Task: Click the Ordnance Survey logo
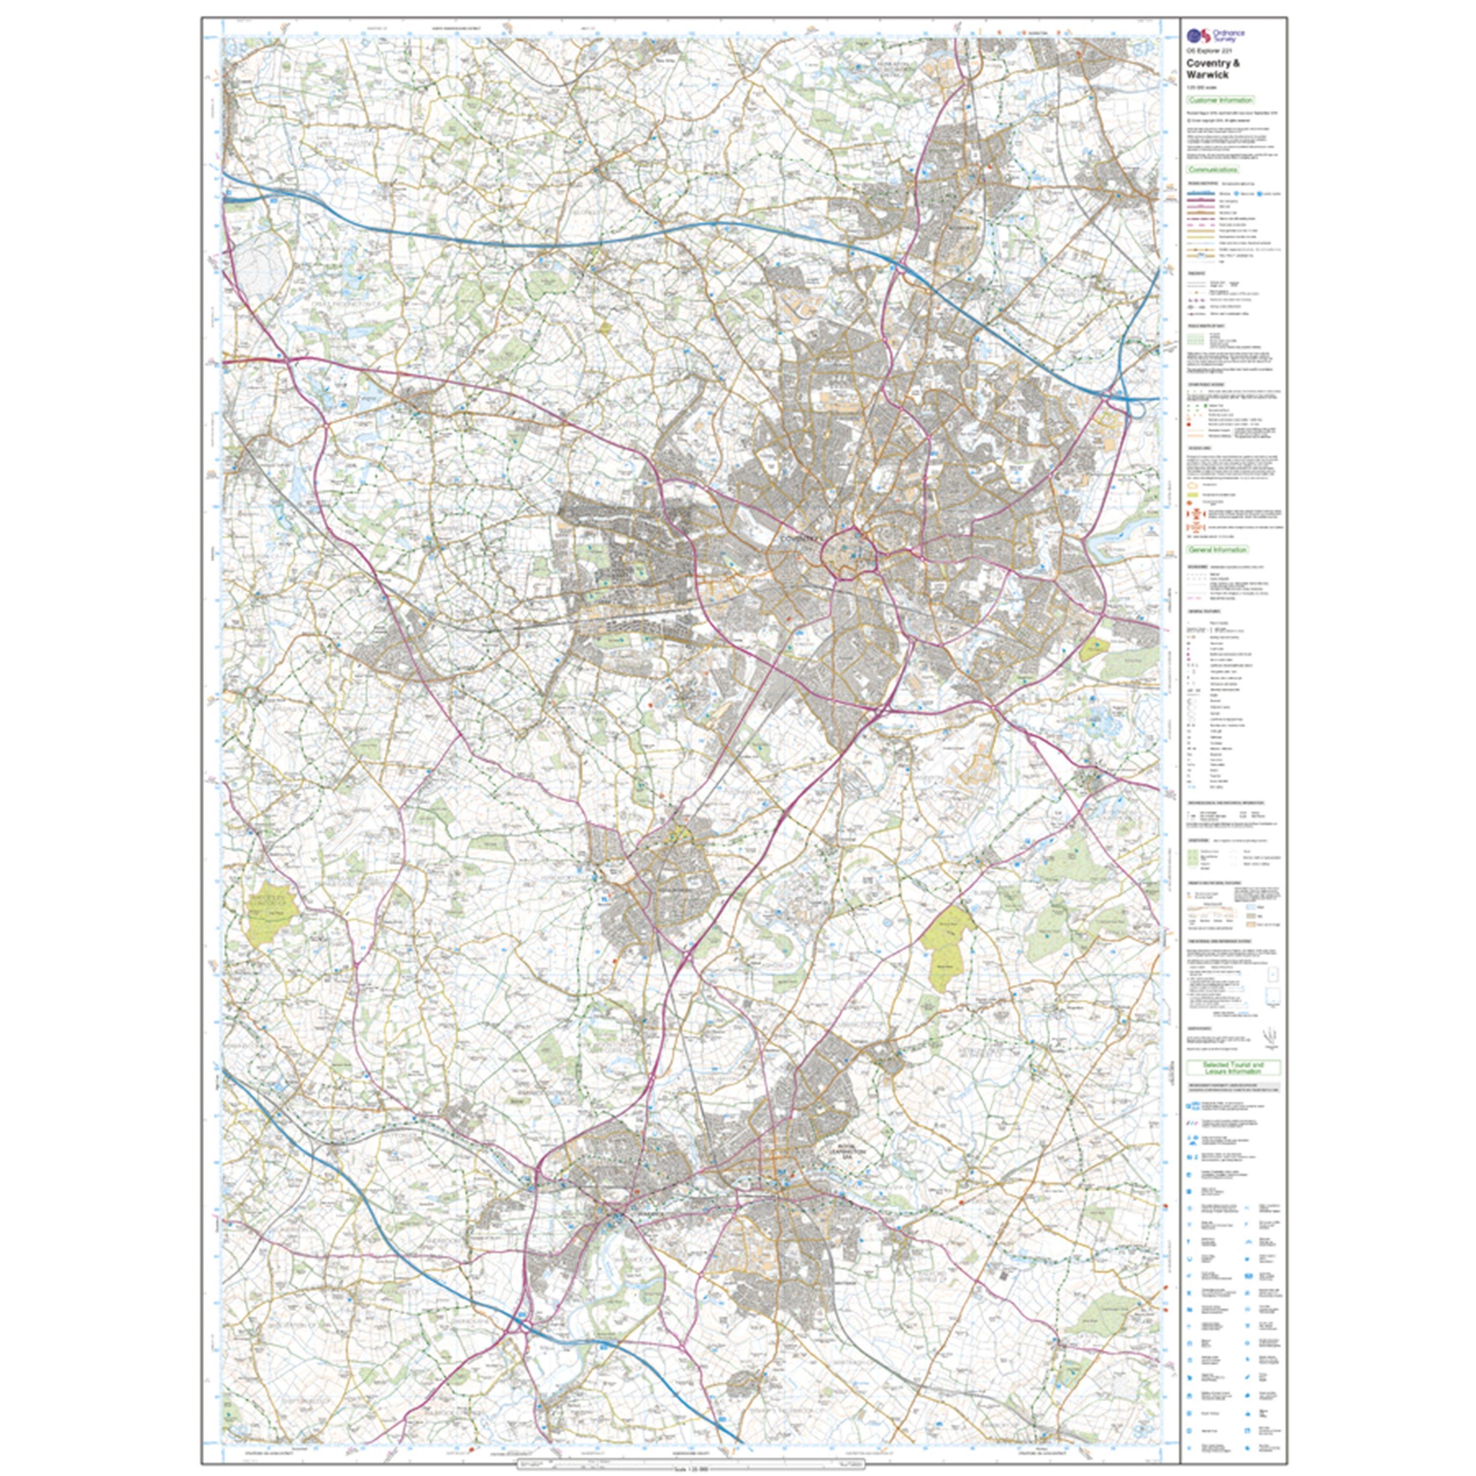1205,34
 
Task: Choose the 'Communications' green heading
1212,170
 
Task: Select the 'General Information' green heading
1217,549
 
